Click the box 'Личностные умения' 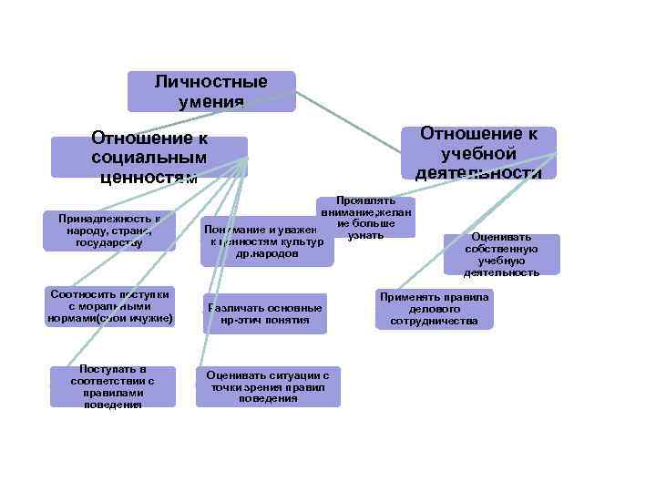(x=211, y=91)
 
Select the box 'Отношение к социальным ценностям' (x=149, y=156)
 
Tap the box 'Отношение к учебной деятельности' (x=478, y=153)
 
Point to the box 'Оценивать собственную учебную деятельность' (x=501, y=254)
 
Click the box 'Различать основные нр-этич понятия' (x=264, y=314)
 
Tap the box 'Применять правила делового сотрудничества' (x=434, y=309)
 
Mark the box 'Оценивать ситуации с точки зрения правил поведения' (x=268, y=386)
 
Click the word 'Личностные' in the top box (x=211, y=82)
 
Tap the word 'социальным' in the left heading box (x=149, y=157)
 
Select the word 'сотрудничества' (x=434, y=322)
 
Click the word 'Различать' (x=237, y=308)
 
